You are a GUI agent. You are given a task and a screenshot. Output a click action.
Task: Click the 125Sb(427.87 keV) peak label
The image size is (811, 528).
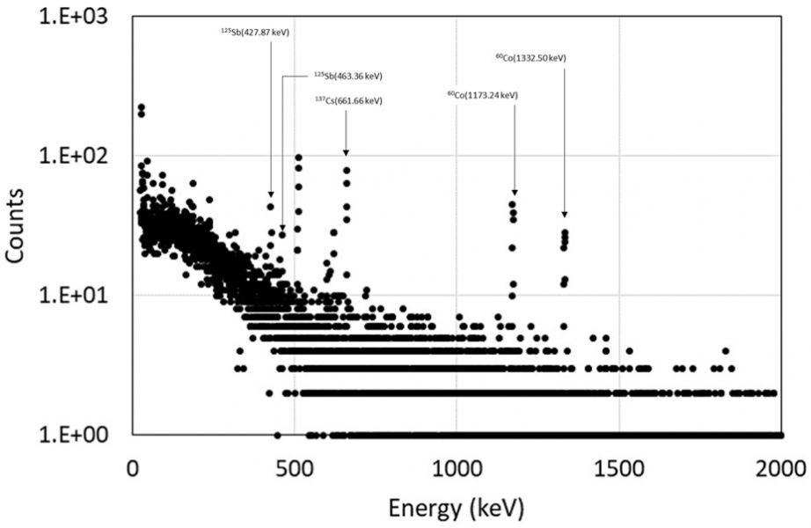[255, 33]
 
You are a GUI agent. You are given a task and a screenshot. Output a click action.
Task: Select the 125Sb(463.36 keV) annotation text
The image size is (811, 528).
[348, 76]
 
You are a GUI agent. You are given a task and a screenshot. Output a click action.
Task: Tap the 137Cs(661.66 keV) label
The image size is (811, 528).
[348, 100]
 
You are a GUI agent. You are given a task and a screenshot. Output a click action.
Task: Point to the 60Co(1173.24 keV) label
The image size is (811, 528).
[483, 95]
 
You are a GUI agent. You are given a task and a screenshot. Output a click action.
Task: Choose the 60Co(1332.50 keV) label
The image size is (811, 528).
[530, 58]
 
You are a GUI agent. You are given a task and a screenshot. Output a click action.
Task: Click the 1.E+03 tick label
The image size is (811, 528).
[73, 17]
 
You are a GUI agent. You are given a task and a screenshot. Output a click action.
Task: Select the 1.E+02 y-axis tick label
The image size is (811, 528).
[73, 155]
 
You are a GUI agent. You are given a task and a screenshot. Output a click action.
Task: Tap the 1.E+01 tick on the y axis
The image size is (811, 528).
[73, 295]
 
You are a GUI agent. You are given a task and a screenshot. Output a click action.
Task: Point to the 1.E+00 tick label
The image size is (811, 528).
[73, 435]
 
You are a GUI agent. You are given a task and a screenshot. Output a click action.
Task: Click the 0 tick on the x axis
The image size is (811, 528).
[133, 469]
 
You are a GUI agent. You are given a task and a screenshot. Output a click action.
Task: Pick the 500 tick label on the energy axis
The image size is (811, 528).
[294, 469]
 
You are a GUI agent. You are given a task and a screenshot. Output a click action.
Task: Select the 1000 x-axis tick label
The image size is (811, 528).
[457, 469]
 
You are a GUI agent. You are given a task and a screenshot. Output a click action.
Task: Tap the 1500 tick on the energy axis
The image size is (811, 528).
[619, 469]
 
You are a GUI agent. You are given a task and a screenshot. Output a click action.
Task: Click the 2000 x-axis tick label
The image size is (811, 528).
[781, 469]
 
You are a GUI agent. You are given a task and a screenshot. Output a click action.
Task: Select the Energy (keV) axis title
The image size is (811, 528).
[457, 509]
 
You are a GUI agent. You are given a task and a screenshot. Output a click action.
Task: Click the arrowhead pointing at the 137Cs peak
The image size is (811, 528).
[346, 153]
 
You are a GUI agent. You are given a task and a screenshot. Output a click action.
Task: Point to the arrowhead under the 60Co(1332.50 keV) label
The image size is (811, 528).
[565, 215]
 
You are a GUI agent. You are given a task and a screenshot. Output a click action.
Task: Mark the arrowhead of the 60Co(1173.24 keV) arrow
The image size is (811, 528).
[515, 193]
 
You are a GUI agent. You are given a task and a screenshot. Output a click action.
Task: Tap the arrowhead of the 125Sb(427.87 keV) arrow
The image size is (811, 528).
[271, 194]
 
